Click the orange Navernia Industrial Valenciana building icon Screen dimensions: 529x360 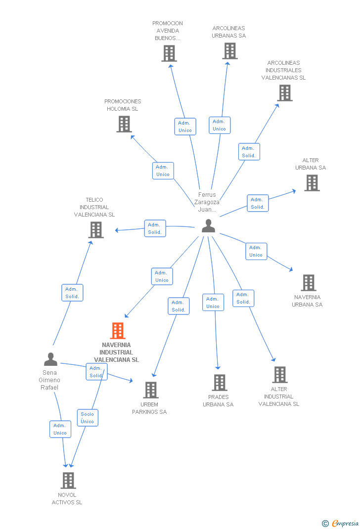[118, 331]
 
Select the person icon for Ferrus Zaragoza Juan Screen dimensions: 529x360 [209, 226]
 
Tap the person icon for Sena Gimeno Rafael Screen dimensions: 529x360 [50, 359]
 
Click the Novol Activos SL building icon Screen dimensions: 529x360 [68, 480]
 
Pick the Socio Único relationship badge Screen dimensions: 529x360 [88, 418]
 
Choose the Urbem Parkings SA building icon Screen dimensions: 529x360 [151, 390]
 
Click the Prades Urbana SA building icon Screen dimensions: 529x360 [220, 382]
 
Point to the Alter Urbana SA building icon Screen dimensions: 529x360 [312, 183]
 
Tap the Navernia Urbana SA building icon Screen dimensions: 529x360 [309, 283]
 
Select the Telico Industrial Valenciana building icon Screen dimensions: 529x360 [96, 230]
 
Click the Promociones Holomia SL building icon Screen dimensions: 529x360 [124, 124]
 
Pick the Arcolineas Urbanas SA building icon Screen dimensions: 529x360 [230, 51]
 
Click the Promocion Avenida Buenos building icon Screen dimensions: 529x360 [169, 53]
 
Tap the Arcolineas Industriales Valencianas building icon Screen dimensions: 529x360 [285, 93]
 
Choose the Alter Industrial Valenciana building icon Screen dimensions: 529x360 [280, 375]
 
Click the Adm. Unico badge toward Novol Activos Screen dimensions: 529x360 [60, 429]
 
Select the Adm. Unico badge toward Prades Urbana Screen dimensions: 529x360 [213, 303]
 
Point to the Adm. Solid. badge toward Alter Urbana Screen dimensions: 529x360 [258, 203]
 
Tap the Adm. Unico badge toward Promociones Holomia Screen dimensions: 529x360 [163, 171]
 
